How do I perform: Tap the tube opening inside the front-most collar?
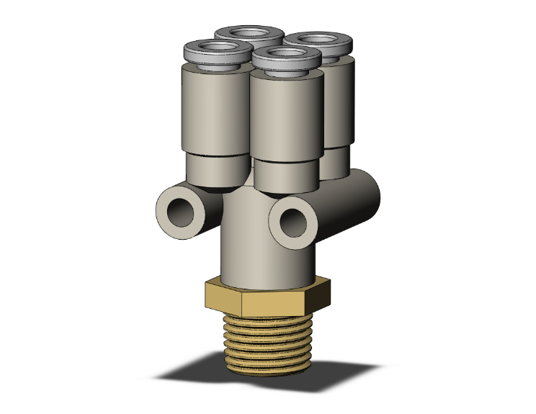[286, 56]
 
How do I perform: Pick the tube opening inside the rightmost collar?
[318, 39]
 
